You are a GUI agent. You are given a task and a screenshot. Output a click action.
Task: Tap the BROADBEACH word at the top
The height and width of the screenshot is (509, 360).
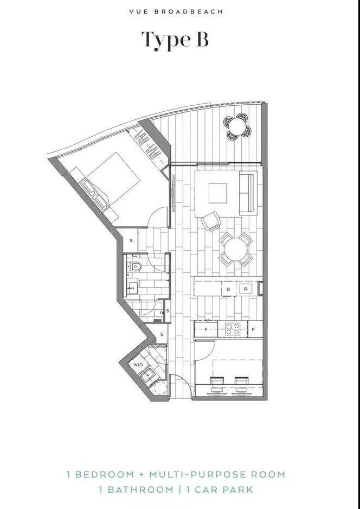coord(189,12)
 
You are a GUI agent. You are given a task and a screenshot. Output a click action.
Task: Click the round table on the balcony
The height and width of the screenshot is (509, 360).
coord(237,126)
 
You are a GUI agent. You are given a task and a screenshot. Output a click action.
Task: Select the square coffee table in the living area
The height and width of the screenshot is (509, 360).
coord(217,193)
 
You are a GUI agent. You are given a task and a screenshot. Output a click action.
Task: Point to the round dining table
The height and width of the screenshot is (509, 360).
coord(236,249)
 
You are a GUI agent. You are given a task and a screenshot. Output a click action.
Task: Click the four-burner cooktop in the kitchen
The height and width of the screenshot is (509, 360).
coord(233,329)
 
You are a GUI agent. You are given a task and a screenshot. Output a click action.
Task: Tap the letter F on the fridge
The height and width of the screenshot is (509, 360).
coord(206,329)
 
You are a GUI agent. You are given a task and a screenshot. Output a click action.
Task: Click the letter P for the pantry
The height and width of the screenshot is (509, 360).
coord(253,329)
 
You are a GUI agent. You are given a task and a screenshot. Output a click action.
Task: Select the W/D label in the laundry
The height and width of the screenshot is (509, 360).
coord(138,365)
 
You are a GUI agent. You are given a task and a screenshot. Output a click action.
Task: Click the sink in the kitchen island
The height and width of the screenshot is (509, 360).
coord(246,288)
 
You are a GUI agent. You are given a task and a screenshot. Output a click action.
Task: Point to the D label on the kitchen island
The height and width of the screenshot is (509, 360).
coord(229,289)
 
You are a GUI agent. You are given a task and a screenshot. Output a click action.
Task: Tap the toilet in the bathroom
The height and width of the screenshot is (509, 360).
coord(136,266)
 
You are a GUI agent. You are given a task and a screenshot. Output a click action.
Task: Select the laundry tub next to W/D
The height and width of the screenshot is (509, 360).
coord(148,376)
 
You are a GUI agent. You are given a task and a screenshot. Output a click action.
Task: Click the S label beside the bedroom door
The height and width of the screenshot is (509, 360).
coord(131,240)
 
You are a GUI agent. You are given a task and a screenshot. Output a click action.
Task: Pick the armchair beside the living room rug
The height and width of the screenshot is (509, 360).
coord(211,221)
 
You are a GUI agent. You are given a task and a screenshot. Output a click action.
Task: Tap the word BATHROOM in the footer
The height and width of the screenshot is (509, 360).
coord(141,489)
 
